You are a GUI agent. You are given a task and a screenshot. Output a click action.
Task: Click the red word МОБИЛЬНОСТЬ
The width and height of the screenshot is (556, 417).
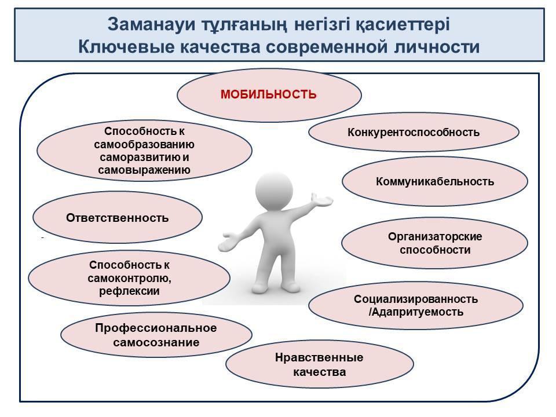(x=268, y=94)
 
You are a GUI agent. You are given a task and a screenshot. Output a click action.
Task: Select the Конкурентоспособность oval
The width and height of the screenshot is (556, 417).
(x=414, y=132)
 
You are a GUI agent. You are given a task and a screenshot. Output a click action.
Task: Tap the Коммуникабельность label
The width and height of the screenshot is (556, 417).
(x=435, y=181)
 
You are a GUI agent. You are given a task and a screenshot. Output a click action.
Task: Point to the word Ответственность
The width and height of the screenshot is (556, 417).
(x=118, y=218)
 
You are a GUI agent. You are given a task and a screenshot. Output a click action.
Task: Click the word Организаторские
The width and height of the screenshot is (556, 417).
(x=435, y=236)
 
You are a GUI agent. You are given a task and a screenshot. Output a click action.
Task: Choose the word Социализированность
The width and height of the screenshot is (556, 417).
(x=416, y=299)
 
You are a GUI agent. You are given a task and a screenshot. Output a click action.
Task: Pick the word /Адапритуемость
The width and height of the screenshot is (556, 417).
(x=416, y=312)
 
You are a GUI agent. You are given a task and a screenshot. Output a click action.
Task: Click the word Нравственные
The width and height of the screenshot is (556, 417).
(x=319, y=357)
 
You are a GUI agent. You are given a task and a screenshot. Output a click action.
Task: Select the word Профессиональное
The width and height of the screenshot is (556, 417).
(x=156, y=328)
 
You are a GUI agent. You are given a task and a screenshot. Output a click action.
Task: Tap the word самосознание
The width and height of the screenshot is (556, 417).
(x=156, y=342)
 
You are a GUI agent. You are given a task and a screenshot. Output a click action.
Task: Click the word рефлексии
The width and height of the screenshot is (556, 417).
(x=129, y=291)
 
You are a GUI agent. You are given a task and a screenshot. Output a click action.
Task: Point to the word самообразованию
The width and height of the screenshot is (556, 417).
(x=144, y=145)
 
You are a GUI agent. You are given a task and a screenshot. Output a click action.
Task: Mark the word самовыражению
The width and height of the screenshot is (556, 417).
(x=144, y=170)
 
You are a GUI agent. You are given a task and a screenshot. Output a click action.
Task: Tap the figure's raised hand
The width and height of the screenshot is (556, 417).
(x=321, y=200)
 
